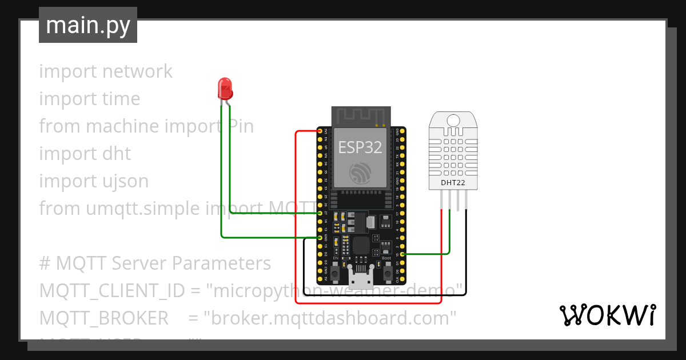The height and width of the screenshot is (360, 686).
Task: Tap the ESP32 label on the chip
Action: (x=360, y=147)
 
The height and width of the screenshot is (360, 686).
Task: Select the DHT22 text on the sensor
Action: (x=452, y=183)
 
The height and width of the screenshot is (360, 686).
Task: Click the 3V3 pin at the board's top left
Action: (x=320, y=131)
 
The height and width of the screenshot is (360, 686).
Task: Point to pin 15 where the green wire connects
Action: (x=402, y=254)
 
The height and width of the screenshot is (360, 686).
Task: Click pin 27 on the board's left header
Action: (x=320, y=213)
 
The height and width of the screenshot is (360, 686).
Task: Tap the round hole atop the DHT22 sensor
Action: (x=453, y=120)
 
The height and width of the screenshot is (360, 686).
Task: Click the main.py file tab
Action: (x=88, y=25)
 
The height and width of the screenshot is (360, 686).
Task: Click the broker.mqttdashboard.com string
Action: (x=333, y=318)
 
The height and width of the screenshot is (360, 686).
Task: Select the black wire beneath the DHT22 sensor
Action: (x=466, y=251)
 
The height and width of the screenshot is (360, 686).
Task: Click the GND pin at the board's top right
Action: (x=402, y=131)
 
